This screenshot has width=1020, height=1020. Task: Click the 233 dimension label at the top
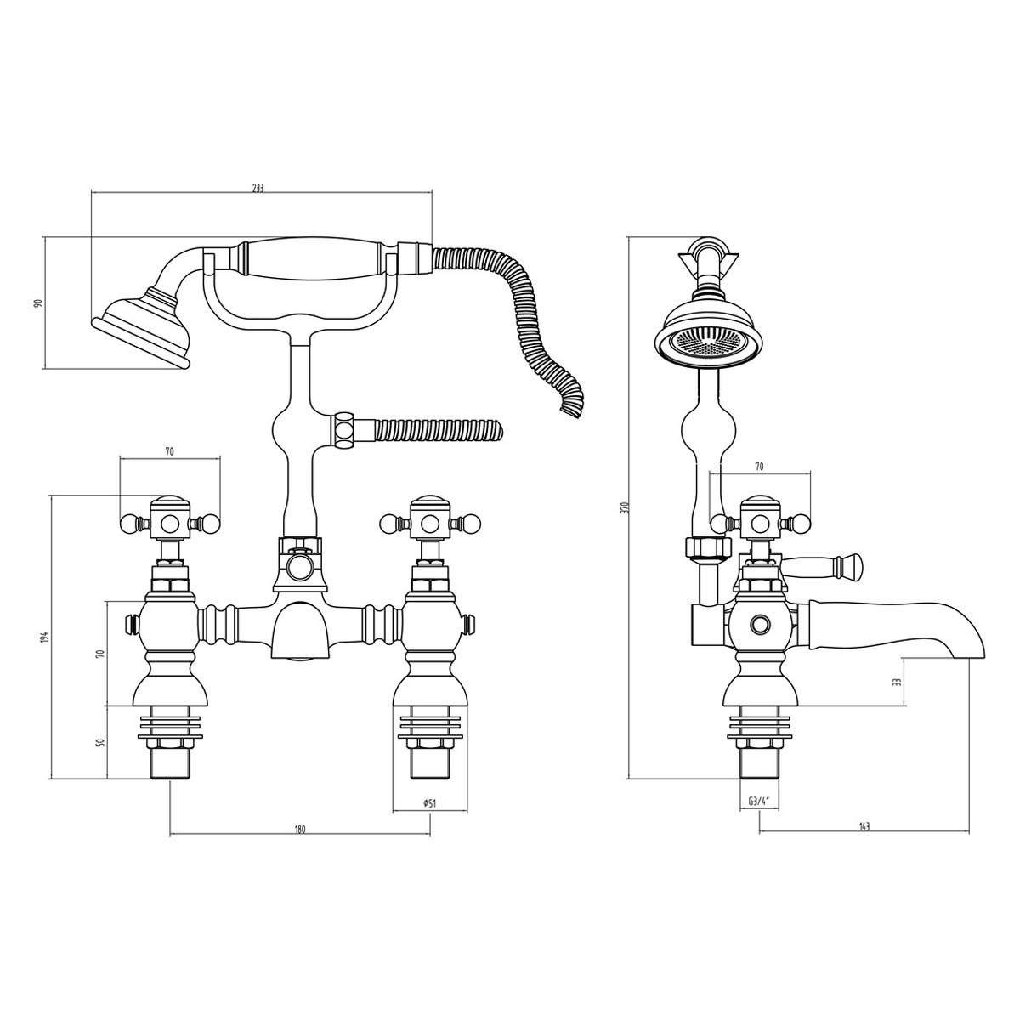point(258,189)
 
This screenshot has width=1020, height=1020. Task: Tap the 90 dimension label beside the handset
point(37,303)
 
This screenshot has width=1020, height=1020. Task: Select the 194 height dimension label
point(46,636)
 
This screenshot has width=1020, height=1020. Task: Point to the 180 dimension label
point(299,829)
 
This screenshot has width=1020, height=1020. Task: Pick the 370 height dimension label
point(623,507)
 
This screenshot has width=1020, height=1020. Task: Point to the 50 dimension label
point(100,741)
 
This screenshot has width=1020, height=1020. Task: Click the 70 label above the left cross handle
point(169,452)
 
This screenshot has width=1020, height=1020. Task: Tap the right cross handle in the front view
point(429,521)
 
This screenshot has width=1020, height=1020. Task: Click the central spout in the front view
point(297,633)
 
